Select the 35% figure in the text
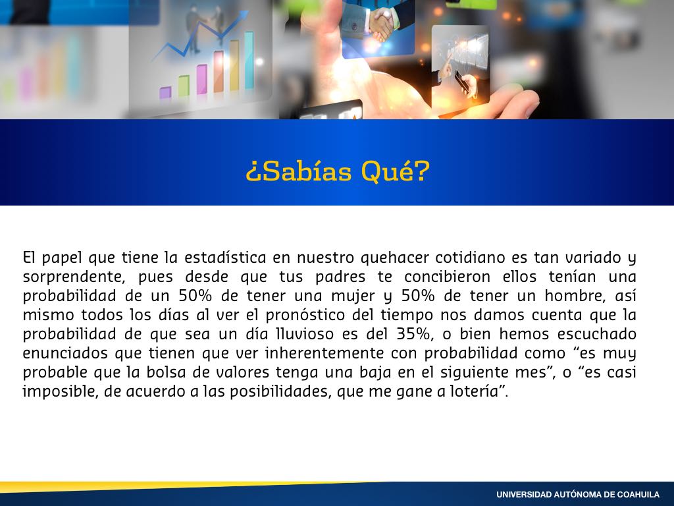415,334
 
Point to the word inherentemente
324,353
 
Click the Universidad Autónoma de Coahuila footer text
578,495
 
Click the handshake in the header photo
382,25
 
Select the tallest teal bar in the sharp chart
249,60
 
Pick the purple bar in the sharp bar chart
165,92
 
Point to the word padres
340,277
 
